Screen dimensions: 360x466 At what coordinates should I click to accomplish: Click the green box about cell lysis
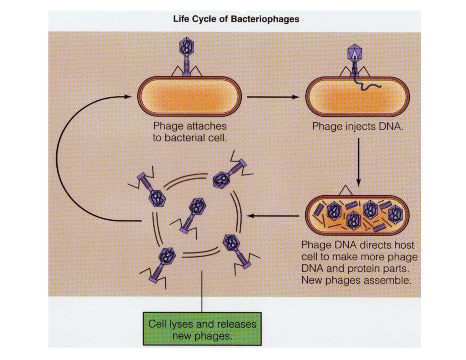tap(202, 329)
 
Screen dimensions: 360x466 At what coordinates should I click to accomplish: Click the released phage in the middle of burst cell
tap(194, 212)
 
